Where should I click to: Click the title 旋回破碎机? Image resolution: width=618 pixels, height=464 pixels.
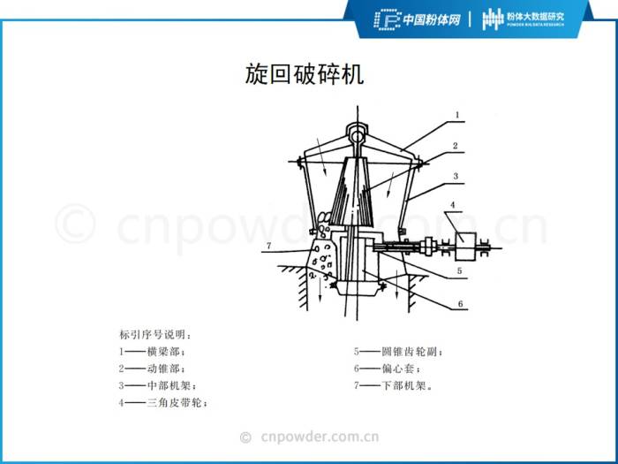pyautogui.click(x=305, y=73)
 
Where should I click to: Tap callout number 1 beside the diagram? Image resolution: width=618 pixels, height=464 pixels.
pyautogui.click(x=457, y=115)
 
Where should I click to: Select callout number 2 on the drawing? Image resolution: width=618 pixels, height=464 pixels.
pyautogui.click(x=456, y=146)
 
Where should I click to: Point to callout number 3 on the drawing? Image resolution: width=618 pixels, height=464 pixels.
pyautogui.click(x=456, y=176)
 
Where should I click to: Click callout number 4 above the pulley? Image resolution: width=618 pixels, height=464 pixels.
pyautogui.click(x=452, y=205)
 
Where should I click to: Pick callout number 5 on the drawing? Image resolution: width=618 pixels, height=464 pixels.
pyautogui.click(x=459, y=270)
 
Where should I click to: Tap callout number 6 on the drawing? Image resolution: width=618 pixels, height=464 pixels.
pyautogui.click(x=460, y=304)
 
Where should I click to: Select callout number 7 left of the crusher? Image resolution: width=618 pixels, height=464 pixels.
pyautogui.click(x=268, y=246)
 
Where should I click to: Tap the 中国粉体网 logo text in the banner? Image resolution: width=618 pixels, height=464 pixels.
pyautogui.click(x=431, y=19)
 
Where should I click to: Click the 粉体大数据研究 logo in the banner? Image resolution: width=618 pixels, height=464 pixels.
pyautogui.click(x=524, y=19)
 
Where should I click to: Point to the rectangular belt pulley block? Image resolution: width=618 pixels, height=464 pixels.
pyautogui.click(x=466, y=247)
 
